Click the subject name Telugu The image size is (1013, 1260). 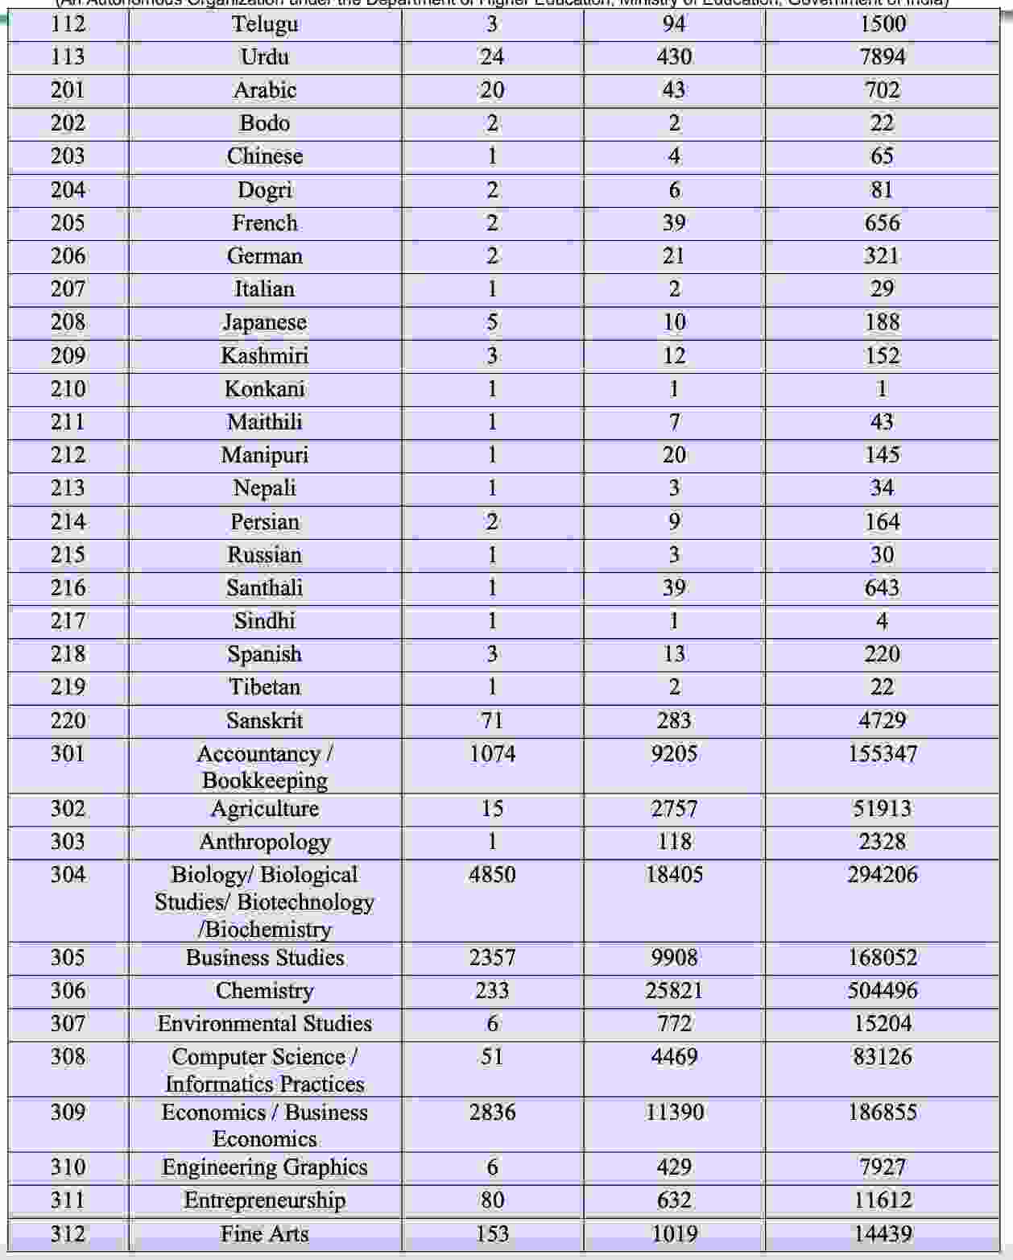click(265, 24)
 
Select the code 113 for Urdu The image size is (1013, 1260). click(68, 57)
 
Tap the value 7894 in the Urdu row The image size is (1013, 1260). click(882, 57)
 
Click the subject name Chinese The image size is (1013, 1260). click(265, 156)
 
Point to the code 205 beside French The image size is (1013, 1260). click(68, 223)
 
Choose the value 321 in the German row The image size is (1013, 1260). click(882, 256)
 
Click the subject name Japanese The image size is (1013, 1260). click(265, 322)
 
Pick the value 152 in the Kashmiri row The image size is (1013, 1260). click(882, 356)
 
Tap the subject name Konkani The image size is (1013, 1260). click(265, 389)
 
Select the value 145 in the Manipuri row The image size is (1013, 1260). click(882, 455)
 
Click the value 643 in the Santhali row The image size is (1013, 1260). click(882, 588)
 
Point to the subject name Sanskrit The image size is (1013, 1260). click(265, 720)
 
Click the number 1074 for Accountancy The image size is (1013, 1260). click(492, 754)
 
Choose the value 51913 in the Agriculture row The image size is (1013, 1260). click(882, 809)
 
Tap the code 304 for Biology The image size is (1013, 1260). click(68, 875)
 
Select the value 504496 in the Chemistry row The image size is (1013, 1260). click(882, 991)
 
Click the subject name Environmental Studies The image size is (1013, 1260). click(265, 1024)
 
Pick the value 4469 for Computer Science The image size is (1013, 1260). click(674, 1057)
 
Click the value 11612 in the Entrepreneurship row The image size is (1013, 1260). click(882, 1200)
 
